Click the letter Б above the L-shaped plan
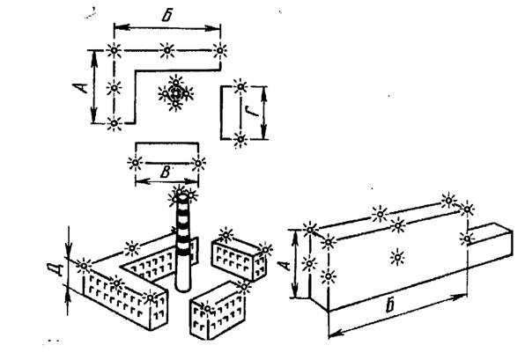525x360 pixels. (x=167, y=16)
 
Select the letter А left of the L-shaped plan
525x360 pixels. (x=80, y=88)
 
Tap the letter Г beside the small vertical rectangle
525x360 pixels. (x=254, y=110)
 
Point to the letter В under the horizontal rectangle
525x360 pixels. (x=166, y=173)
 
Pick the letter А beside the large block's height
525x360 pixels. (x=285, y=266)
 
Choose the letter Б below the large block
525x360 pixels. (x=390, y=305)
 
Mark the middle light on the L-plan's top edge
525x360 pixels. (x=166, y=50)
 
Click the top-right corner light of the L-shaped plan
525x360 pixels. (x=219, y=50)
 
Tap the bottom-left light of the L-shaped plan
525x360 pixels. (x=115, y=123)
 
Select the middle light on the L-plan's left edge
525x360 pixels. (x=115, y=88)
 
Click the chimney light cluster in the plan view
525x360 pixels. (x=175, y=93)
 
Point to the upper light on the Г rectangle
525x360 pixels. (x=240, y=86)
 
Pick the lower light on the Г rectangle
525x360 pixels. (x=240, y=139)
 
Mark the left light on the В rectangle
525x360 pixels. (x=136, y=163)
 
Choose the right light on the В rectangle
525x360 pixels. (x=198, y=163)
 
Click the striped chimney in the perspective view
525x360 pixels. (x=183, y=244)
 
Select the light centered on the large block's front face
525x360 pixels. (x=397, y=257)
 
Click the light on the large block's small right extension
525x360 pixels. (x=466, y=239)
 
